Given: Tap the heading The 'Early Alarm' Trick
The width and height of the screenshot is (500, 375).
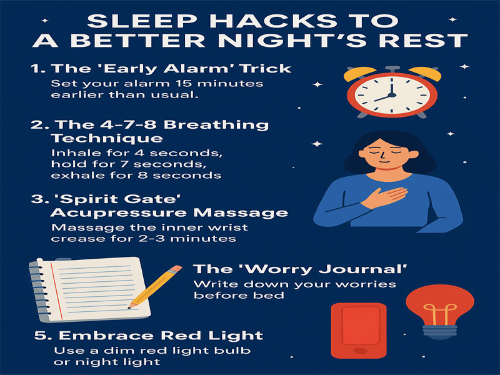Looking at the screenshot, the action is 161,69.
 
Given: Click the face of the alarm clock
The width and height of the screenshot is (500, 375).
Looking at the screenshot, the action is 392,95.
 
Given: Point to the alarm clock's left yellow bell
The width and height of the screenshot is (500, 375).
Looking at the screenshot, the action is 359,74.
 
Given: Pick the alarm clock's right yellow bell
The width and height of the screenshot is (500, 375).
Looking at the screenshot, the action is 425,74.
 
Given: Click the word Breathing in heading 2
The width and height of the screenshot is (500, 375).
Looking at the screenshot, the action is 216,124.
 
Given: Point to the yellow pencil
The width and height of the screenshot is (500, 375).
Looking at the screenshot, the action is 155,286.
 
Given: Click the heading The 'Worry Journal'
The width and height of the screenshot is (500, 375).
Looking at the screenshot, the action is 300,269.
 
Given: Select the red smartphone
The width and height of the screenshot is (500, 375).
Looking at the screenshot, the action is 359,331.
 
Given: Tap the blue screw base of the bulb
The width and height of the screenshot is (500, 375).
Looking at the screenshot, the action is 440,332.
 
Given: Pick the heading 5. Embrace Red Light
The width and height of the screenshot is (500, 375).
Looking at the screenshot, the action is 149,336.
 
